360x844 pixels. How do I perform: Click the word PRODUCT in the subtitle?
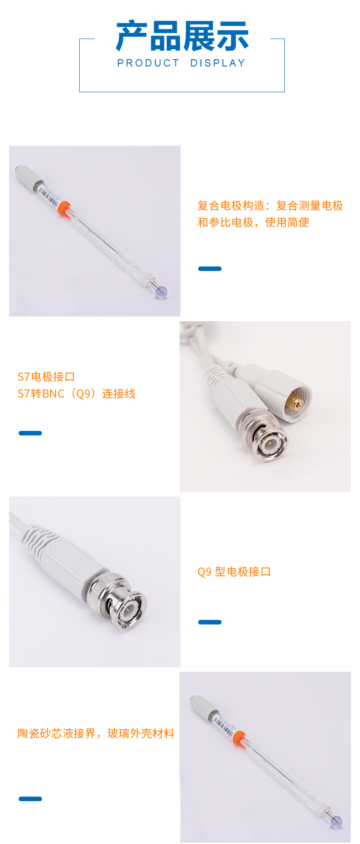(149, 63)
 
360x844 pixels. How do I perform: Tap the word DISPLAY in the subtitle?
(218, 63)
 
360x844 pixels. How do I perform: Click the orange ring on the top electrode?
(65, 207)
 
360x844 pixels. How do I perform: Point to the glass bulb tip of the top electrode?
(161, 292)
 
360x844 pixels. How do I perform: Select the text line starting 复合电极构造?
(270, 205)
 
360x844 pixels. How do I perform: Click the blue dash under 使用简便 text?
(210, 269)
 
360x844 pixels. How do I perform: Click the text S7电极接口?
(46, 377)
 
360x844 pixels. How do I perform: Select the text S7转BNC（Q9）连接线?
(77, 394)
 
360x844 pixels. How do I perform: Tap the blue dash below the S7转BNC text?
(30, 433)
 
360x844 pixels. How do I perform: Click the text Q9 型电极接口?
(234, 572)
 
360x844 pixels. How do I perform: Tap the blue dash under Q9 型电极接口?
(210, 622)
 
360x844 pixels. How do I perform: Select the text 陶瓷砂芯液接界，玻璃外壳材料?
(96, 733)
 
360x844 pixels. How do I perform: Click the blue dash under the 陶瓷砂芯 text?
(30, 799)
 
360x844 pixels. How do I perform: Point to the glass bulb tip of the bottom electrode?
(336, 821)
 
